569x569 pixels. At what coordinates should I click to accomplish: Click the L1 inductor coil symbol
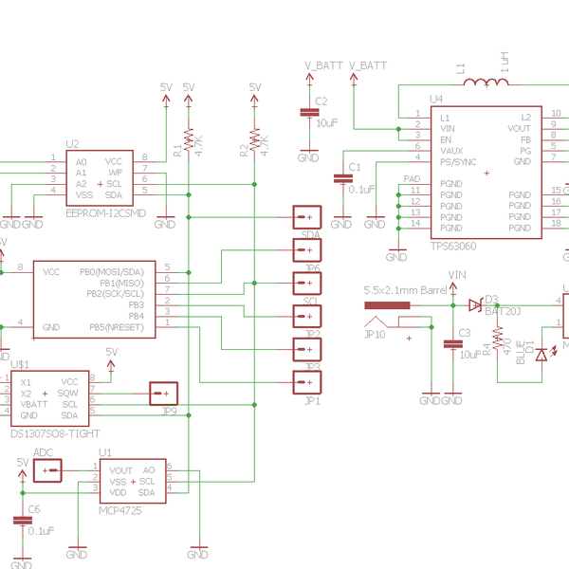click(486, 83)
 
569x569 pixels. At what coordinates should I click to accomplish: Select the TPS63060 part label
click(453, 245)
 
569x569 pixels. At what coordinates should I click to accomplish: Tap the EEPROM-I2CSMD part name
click(106, 212)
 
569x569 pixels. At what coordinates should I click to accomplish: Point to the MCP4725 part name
click(122, 509)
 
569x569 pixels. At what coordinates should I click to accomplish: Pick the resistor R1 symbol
click(188, 140)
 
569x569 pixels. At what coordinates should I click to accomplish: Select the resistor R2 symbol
click(254, 140)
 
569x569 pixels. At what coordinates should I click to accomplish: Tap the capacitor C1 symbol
click(342, 178)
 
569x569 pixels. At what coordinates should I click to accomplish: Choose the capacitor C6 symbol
click(21, 521)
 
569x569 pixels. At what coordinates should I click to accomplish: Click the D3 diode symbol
click(474, 304)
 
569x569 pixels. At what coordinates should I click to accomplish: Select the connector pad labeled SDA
click(306, 218)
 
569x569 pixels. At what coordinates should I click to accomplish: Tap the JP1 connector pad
click(306, 381)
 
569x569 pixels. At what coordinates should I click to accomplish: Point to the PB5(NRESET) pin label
click(118, 327)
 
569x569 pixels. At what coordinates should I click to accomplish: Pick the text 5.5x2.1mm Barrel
click(405, 290)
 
